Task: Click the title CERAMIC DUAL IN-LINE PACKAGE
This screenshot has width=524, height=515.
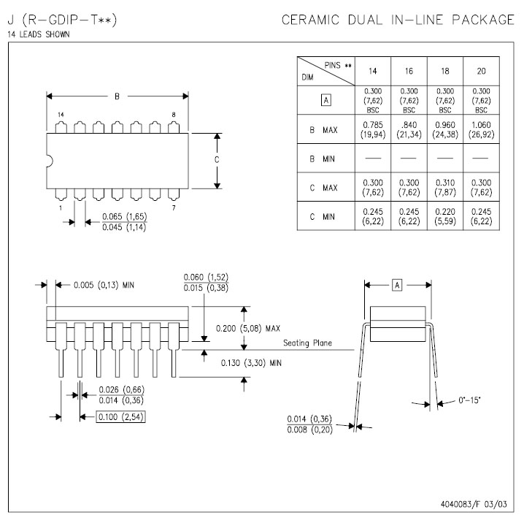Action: [x=398, y=20]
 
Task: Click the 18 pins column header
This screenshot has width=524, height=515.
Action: [x=445, y=72]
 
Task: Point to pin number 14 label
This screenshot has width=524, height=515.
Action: [x=61, y=115]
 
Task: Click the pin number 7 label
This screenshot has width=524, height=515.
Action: [x=173, y=208]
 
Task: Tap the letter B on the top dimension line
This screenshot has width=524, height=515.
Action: [x=117, y=96]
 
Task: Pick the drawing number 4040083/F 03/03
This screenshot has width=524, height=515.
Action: [x=474, y=504]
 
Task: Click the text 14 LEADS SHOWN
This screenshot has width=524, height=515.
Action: [x=39, y=34]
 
